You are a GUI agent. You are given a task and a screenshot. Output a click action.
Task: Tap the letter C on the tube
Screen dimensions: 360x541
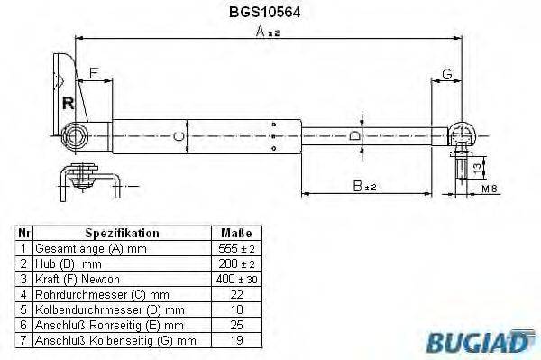coord(179,135)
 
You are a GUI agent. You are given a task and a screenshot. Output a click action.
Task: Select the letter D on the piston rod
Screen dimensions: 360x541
coord(354,135)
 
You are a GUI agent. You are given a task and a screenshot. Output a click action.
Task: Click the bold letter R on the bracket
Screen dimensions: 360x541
coord(68,102)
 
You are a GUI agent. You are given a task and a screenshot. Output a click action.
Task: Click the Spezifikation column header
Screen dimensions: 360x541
coord(122,232)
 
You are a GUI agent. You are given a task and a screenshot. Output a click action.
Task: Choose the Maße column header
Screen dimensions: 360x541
coord(236,232)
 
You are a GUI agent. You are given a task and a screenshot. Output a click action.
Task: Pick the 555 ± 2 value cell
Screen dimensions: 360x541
coord(236,248)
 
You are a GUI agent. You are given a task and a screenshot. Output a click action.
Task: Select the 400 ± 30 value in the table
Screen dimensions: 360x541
coord(236,279)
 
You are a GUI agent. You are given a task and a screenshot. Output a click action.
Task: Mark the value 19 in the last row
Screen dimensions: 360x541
coord(236,340)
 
